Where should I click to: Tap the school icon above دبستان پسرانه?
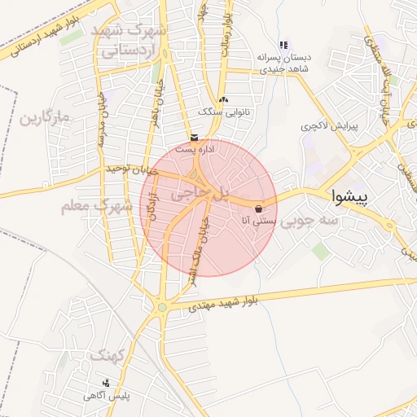(x=283, y=45)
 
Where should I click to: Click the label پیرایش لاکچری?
(x=323, y=126)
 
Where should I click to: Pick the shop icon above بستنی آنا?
(x=259, y=208)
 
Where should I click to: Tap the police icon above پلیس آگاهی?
(x=105, y=383)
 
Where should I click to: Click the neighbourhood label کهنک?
(x=108, y=355)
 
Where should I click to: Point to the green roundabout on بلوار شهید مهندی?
(x=162, y=307)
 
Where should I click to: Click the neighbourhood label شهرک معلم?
(x=98, y=207)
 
